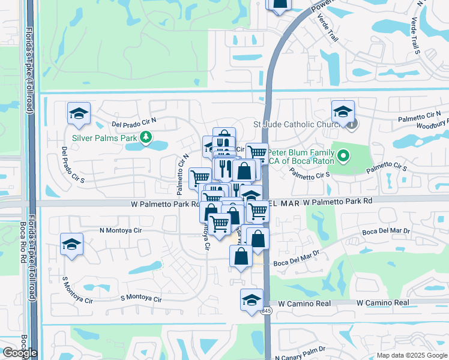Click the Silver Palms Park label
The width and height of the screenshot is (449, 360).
[x=105, y=137]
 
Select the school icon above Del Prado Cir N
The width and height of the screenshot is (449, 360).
[x=79, y=115]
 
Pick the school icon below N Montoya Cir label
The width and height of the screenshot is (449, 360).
[x=71, y=244]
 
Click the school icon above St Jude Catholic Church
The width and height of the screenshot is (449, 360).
[x=343, y=111]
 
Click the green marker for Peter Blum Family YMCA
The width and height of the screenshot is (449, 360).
[x=343, y=157]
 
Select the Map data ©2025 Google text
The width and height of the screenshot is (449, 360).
[x=411, y=355]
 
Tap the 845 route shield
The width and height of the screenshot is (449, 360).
[x=266, y=310]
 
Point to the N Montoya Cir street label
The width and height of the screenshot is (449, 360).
[x=120, y=230]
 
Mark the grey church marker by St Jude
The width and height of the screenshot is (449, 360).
[x=352, y=125]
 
